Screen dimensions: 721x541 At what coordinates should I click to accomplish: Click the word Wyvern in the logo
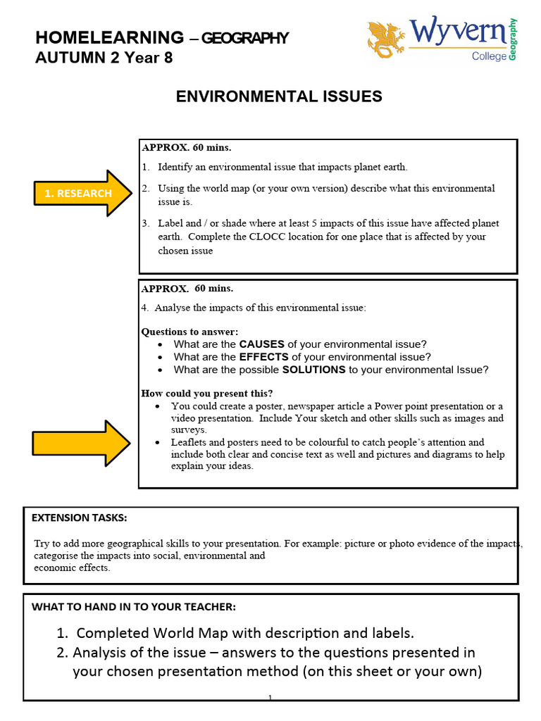click(x=457, y=32)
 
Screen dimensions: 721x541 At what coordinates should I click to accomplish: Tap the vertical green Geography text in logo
click(x=513, y=39)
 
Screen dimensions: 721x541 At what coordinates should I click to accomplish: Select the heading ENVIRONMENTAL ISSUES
click(x=279, y=97)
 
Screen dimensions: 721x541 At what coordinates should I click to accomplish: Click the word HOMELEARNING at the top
click(x=109, y=38)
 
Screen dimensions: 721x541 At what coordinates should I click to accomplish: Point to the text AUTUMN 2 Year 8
click(x=104, y=58)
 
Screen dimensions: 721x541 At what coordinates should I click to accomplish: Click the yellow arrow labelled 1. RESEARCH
click(x=83, y=193)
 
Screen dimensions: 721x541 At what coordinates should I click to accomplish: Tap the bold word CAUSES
click(x=262, y=344)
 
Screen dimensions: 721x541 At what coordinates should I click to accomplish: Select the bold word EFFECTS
click(x=264, y=357)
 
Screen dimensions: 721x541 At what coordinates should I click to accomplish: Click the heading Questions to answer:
click(x=190, y=332)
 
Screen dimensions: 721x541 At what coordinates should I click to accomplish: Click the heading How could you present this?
click(x=207, y=393)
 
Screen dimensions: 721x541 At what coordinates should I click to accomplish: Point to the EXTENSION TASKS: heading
click(x=80, y=518)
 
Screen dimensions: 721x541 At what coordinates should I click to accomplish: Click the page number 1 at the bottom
click(x=270, y=698)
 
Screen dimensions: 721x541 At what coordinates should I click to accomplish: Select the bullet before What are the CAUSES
click(x=161, y=345)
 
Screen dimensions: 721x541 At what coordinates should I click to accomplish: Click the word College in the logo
click(x=489, y=56)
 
